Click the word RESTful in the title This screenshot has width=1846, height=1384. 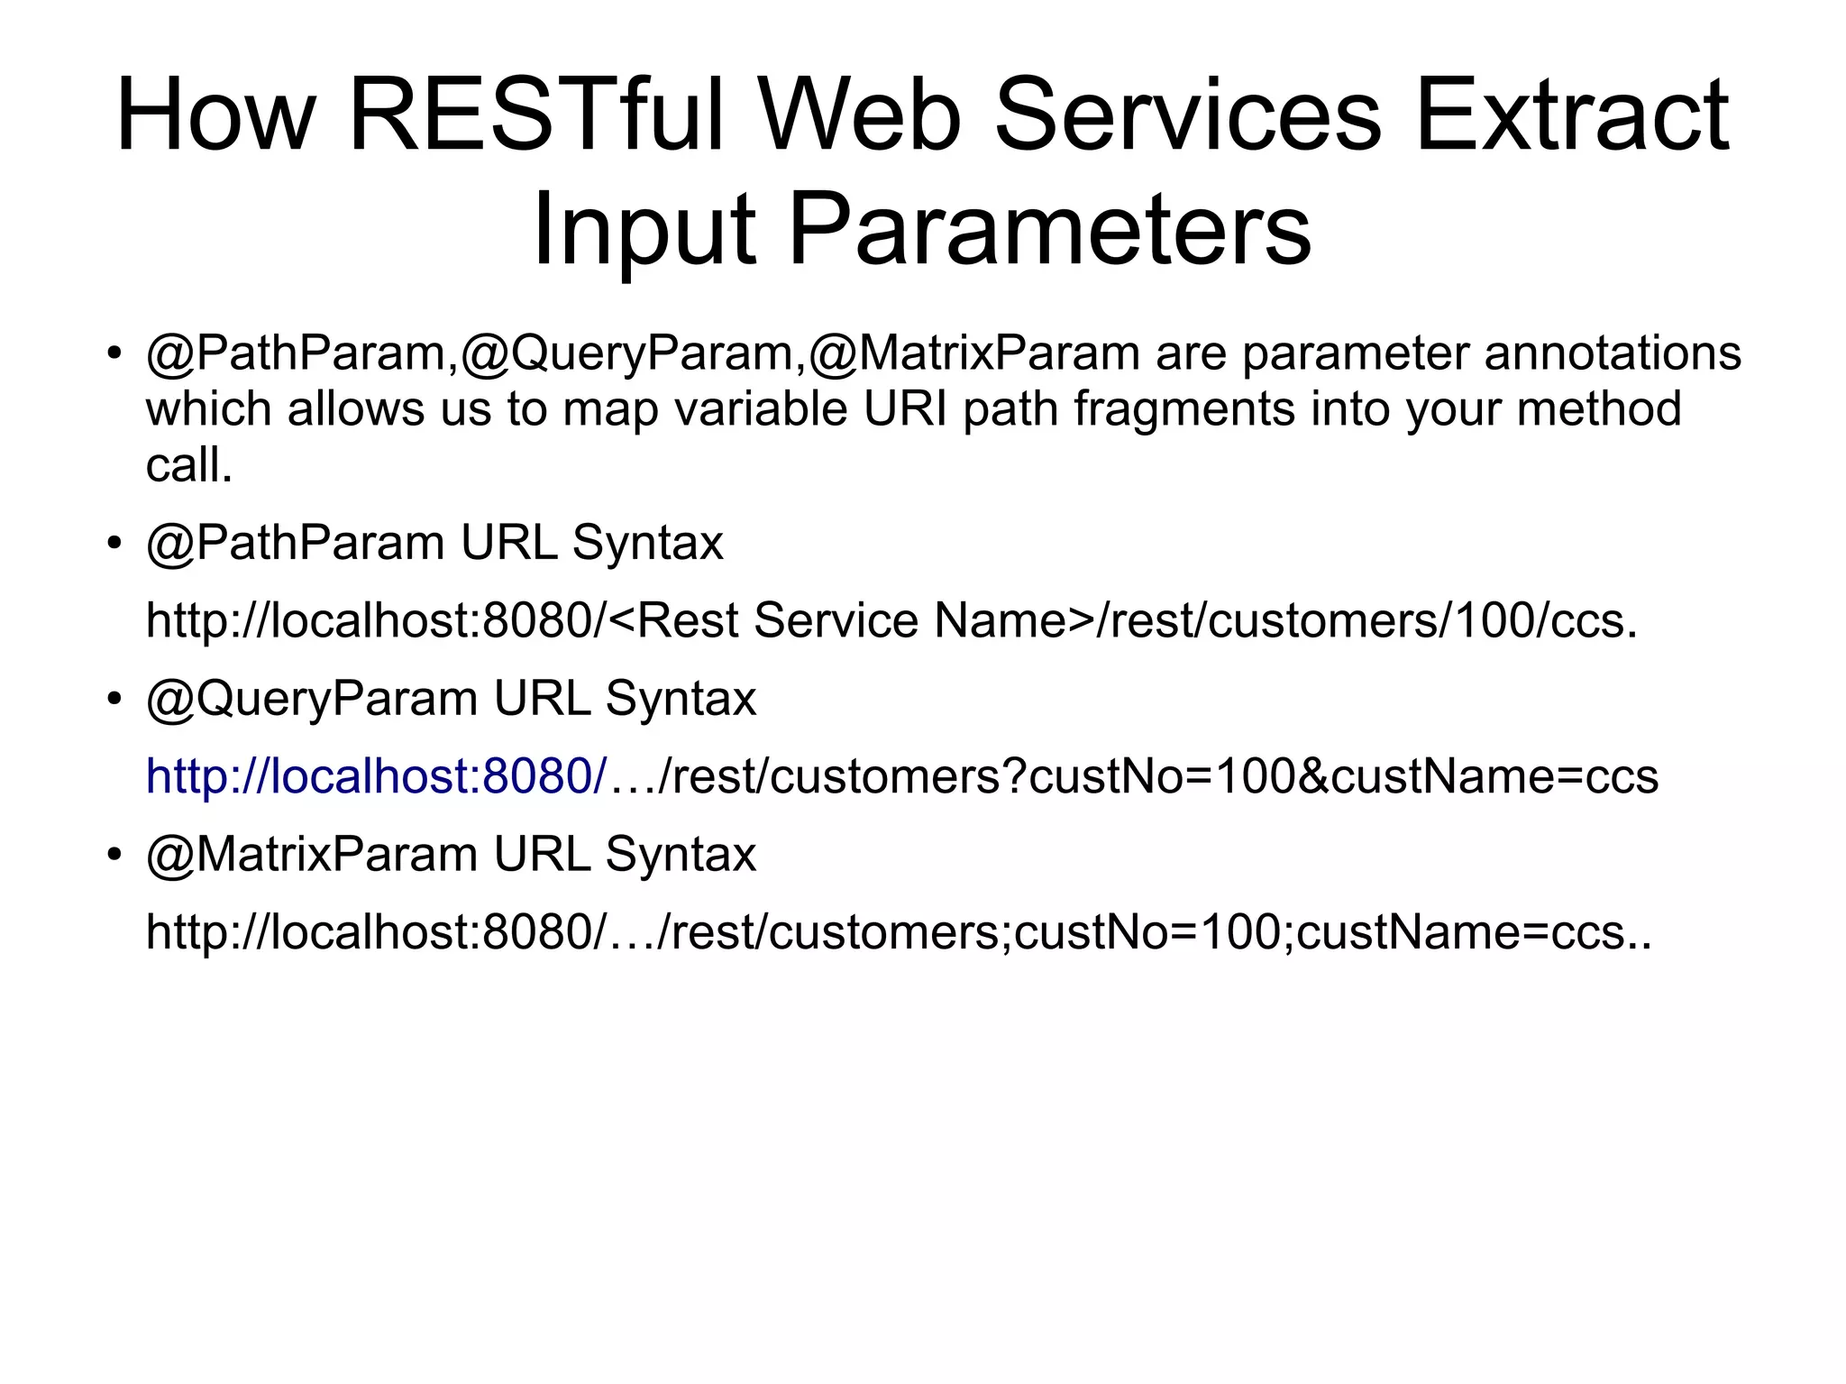click(x=538, y=115)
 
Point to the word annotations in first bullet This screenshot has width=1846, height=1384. click(x=1613, y=353)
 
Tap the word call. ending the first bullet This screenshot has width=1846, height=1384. click(x=189, y=465)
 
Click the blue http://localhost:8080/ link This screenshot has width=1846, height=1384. click(x=377, y=775)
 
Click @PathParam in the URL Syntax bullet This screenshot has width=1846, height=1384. click(x=296, y=543)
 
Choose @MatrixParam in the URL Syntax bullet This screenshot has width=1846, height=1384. click(x=312, y=854)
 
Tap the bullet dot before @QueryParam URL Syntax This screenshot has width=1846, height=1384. click(x=113, y=699)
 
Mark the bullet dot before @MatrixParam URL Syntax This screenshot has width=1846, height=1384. click(x=113, y=854)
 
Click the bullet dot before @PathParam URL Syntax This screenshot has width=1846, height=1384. click(x=113, y=543)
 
